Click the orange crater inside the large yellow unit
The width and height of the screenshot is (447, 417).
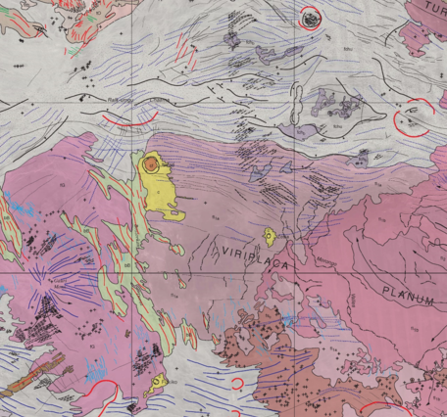pos(150,165)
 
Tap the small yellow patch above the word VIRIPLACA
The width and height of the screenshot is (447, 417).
pos(269,235)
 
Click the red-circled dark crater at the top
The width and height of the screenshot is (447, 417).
pos(311,17)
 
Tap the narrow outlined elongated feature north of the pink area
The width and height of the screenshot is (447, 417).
pos(295,99)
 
